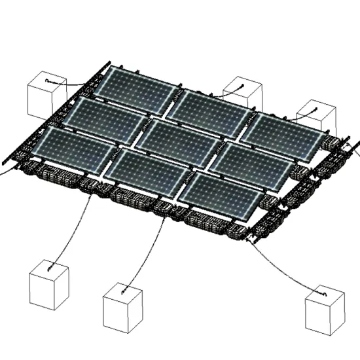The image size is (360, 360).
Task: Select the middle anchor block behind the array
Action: [243, 96]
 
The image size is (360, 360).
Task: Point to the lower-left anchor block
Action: [49, 284]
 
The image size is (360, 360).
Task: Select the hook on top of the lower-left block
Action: [50, 267]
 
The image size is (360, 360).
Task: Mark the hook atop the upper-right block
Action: [315, 108]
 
